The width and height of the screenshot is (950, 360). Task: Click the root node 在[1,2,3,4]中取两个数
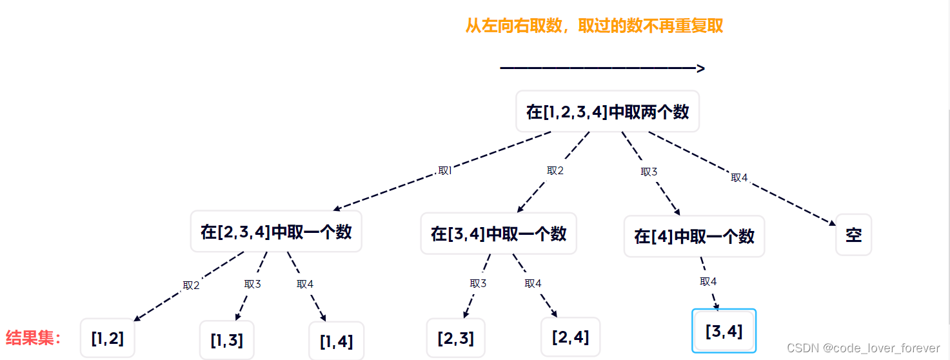coord(608,112)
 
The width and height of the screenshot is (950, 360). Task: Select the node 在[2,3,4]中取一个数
coord(276,232)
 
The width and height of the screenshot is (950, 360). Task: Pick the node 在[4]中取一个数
coord(694,236)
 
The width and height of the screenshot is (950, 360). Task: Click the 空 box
coord(853,235)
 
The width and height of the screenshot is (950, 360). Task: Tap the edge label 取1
coord(444,171)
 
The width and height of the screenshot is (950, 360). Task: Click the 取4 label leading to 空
coord(739,177)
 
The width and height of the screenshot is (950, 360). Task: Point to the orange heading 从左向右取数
coord(594,26)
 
